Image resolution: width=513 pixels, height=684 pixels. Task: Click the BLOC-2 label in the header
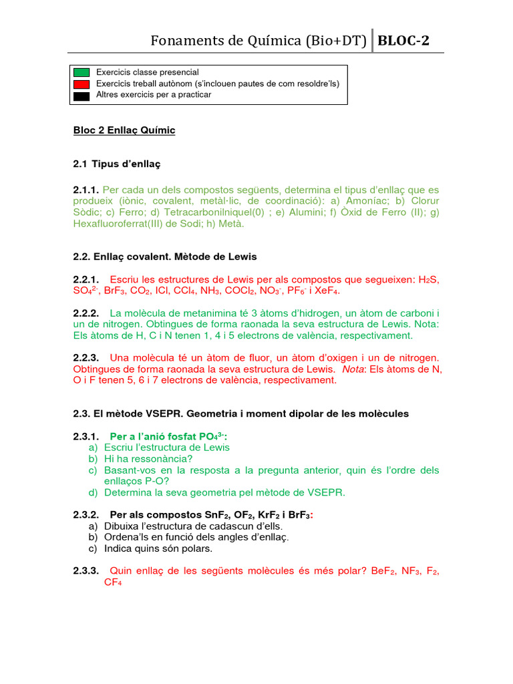[403, 41]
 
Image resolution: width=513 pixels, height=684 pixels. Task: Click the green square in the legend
[81, 72]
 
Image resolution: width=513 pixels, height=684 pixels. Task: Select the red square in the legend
[81, 83]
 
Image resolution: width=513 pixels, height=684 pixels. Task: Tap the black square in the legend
[81, 96]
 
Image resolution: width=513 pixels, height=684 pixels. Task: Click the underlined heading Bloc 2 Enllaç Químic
[124, 130]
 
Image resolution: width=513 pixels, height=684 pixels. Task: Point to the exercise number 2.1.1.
[86, 190]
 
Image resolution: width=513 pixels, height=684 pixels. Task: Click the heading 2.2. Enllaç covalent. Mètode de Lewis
[165, 256]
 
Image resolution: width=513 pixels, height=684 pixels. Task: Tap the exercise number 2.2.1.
[86, 279]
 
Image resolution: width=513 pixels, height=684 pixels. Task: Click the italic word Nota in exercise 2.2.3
[353, 369]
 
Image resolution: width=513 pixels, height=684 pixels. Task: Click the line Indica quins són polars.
[158, 549]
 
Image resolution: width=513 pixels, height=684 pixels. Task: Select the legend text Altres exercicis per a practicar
[154, 95]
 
